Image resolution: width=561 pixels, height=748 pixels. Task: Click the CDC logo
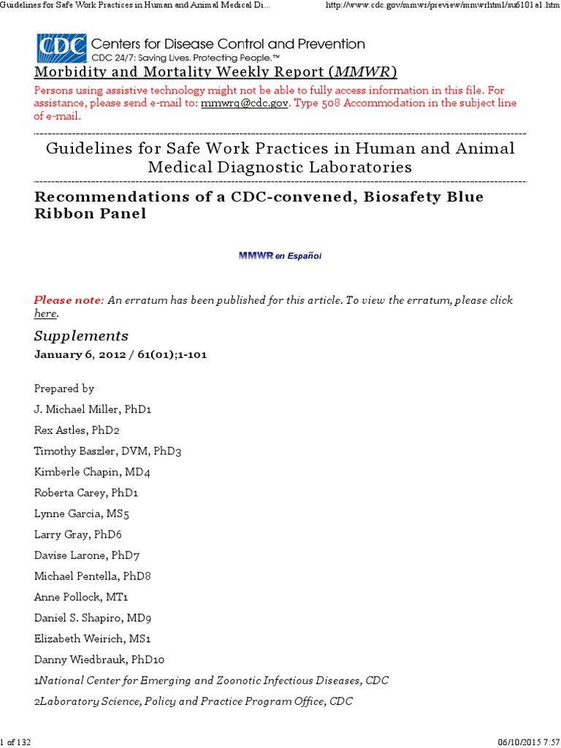tap(62, 47)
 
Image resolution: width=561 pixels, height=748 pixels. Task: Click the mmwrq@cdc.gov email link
tap(245, 103)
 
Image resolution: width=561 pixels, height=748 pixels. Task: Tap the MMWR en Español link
tap(280, 256)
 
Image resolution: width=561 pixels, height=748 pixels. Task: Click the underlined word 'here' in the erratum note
tap(45, 313)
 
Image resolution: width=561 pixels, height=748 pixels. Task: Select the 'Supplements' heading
tap(81, 336)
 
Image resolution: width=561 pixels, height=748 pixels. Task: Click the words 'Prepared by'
tap(64, 389)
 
